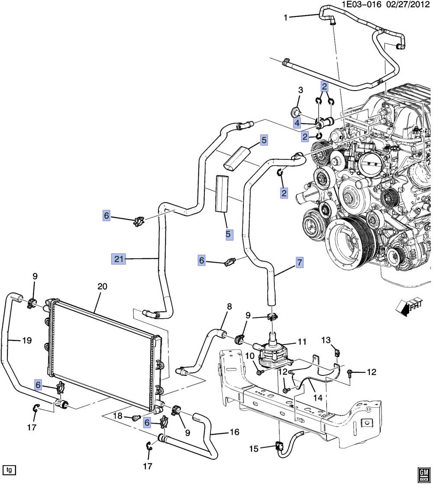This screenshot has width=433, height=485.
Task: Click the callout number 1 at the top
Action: [286, 18]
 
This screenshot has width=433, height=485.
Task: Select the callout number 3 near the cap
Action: [300, 91]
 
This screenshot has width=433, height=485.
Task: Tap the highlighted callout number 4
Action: [297, 124]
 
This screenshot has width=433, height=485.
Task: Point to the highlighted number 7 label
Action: [299, 263]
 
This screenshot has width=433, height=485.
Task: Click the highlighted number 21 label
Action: [119, 259]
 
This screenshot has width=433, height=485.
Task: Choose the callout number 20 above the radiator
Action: [102, 286]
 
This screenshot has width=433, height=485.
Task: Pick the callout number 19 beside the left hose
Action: [27, 341]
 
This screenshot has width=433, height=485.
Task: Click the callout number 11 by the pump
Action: [302, 342]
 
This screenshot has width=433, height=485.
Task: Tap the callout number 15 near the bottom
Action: [253, 449]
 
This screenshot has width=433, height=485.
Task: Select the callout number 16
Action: [234, 432]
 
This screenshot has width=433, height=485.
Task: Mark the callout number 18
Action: [118, 417]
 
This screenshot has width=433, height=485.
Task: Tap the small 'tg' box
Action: [9, 469]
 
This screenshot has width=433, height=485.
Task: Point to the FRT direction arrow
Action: [410, 306]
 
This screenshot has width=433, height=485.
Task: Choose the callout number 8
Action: [229, 307]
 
